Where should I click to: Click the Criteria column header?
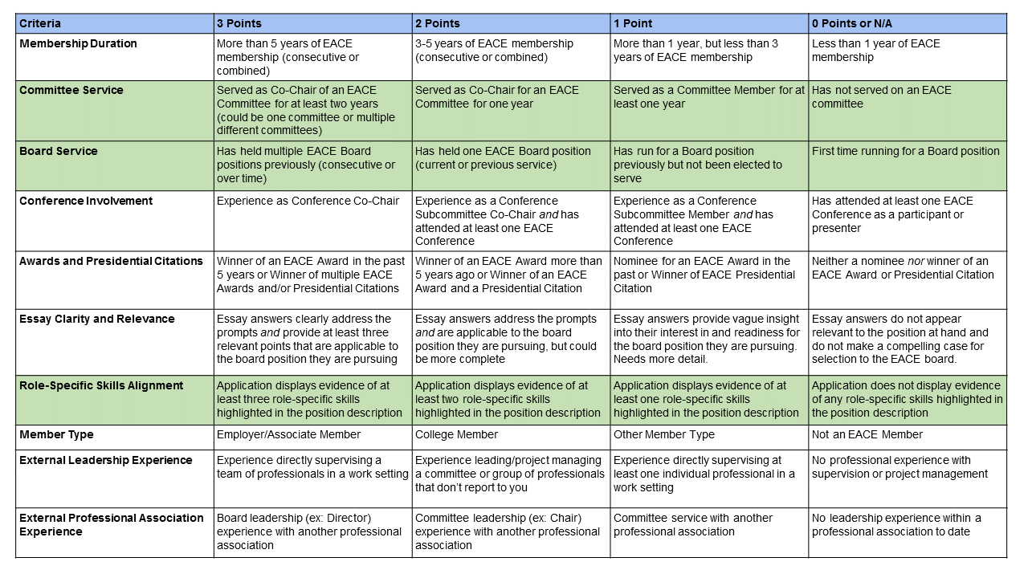40,23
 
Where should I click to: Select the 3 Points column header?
239,23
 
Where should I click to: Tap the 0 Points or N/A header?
851,23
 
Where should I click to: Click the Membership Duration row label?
78,43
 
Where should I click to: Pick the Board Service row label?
59,151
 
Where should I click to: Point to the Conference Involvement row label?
86,201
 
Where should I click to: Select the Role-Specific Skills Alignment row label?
101,385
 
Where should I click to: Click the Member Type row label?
56,434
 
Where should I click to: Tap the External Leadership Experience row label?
106,460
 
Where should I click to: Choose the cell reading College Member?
456,434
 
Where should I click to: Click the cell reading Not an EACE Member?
867,434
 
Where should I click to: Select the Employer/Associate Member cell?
288,434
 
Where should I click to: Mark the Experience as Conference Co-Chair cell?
308,201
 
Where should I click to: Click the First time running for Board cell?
905,151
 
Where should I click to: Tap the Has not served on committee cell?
881,96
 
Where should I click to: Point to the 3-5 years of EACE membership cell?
494,50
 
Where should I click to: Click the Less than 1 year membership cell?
875,50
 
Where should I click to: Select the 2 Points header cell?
438,23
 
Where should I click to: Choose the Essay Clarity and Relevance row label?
96,319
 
